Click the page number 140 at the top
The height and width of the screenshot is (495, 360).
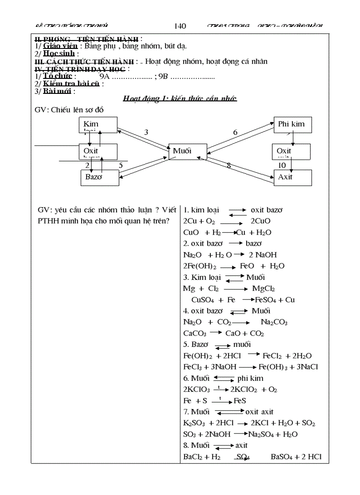click(180, 26)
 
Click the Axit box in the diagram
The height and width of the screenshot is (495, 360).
click(292, 177)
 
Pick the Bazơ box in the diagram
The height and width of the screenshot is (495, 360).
click(100, 177)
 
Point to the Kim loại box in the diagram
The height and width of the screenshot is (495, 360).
click(98, 125)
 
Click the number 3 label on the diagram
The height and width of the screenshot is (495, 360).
click(146, 132)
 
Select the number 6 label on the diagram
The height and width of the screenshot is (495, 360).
click(235, 132)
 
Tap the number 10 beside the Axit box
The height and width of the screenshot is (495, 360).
click(282, 165)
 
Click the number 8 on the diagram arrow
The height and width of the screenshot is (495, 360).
click(229, 166)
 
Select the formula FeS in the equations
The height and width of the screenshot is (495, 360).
click(240, 401)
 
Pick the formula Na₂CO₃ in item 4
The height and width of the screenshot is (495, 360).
click(274, 322)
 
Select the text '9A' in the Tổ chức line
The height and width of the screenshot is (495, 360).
click(105, 76)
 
